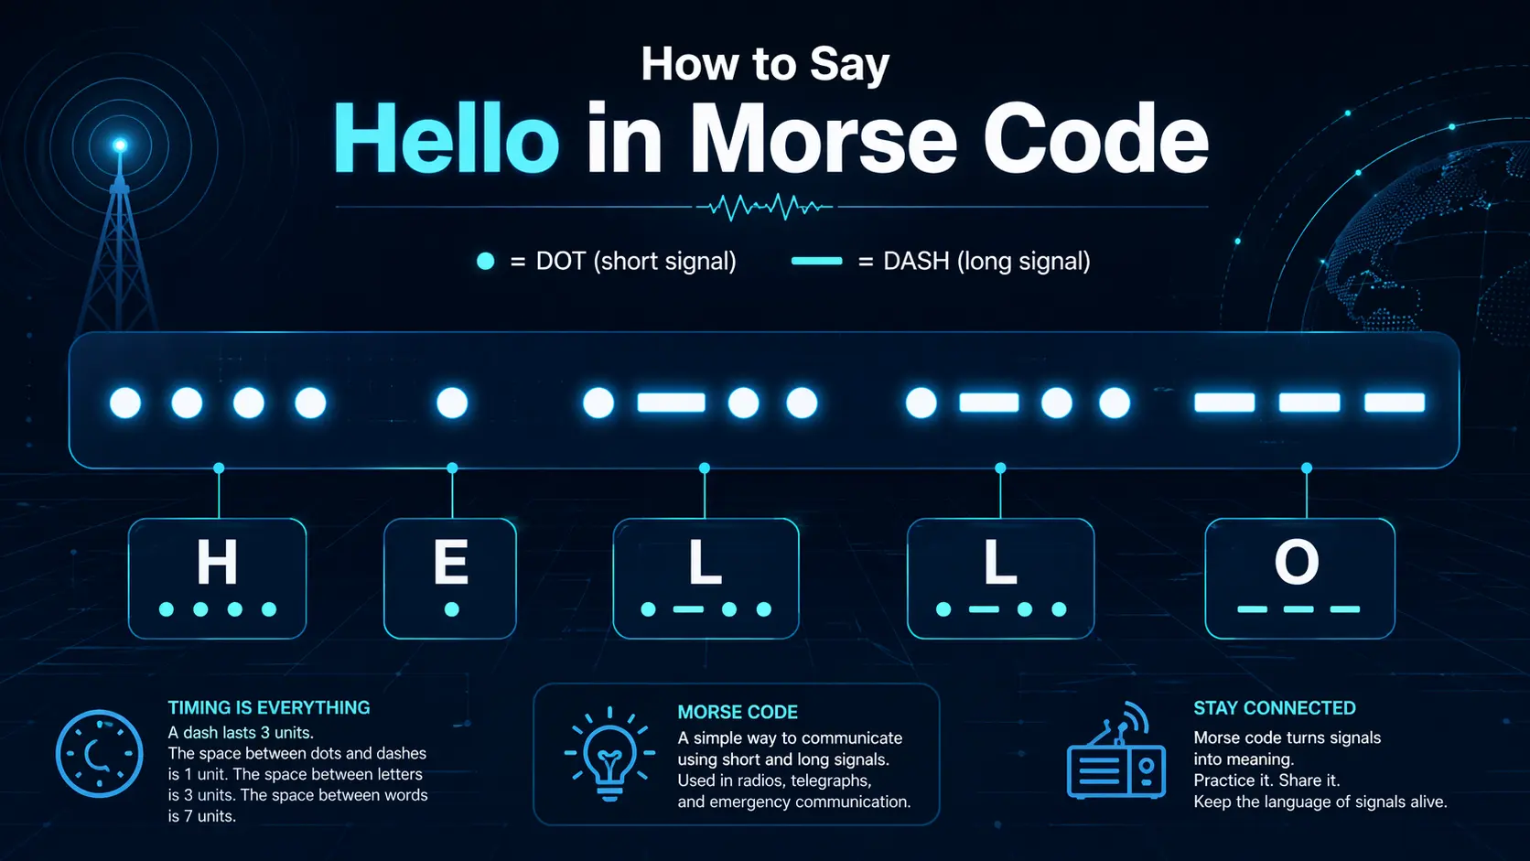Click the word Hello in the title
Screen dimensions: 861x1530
click(x=446, y=140)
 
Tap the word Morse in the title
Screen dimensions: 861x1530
click(x=823, y=140)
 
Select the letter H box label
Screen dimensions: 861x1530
click(x=217, y=562)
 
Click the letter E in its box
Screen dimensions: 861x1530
click(x=451, y=562)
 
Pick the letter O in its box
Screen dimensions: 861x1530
click(x=1297, y=562)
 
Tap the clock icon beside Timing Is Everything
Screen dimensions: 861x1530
click(x=99, y=753)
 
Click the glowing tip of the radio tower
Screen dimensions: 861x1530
click(x=119, y=145)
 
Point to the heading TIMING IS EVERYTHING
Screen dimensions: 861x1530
click(x=269, y=707)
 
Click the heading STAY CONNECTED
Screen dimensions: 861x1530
click(x=1274, y=707)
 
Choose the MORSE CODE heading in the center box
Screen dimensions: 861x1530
click(x=738, y=712)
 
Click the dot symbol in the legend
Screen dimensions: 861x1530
click(x=486, y=262)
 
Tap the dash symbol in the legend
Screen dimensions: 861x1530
click(x=816, y=262)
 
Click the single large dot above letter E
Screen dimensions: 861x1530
click(x=452, y=403)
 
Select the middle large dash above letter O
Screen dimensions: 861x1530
click(x=1309, y=403)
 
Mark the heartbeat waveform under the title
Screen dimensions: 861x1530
click(x=765, y=207)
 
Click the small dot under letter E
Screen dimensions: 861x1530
click(x=451, y=609)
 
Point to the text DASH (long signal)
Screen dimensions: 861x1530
click(x=986, y=262)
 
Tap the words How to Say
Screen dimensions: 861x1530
click(x=765, y=64)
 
